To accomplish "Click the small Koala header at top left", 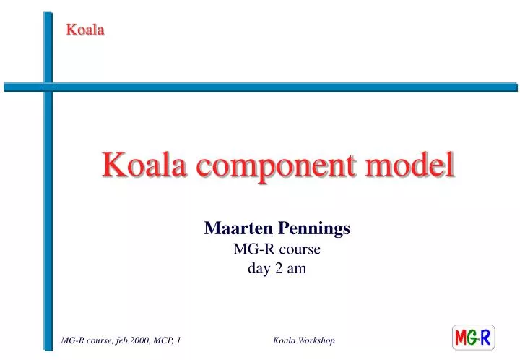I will [85, 30].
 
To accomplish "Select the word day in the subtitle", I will [261, 269].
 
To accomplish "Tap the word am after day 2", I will [298, 269].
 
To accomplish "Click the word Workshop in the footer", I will [316, 340].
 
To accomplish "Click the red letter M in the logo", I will [462, 338].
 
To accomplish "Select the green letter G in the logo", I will [475, 338].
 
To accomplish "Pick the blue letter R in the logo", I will [487, 338].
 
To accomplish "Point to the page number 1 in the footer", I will [178, 340].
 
